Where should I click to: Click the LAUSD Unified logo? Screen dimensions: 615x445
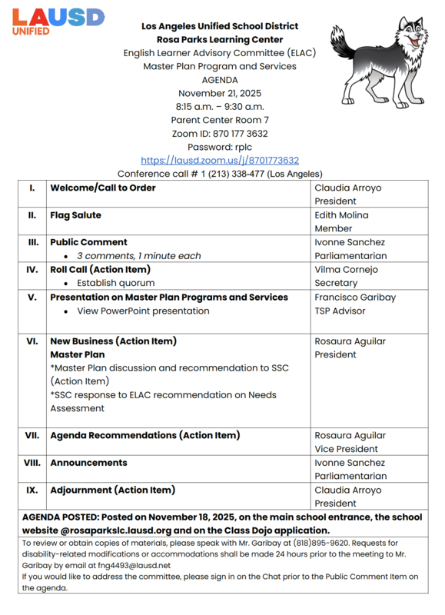(58, 21)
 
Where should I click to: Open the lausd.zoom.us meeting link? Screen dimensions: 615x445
(220, 161)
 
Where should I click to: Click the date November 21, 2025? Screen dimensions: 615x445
(220, 93)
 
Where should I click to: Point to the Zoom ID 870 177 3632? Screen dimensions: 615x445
(220, 134)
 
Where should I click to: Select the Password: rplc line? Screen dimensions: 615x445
(220, 147)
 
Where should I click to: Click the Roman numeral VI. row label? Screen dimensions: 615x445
(32, 341)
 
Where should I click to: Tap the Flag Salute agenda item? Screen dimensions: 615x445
(75, 215)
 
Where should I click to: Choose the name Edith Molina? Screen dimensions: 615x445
(341, 215)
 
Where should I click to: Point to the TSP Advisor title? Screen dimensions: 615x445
(340, 311)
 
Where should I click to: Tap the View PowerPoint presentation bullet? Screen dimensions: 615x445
(143, 311)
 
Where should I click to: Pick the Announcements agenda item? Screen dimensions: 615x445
(88, 463)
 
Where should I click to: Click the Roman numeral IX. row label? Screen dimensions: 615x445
(32, 490)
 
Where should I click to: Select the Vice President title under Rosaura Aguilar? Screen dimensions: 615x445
(346, 449)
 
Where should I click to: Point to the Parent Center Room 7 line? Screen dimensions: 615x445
(220, 120)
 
